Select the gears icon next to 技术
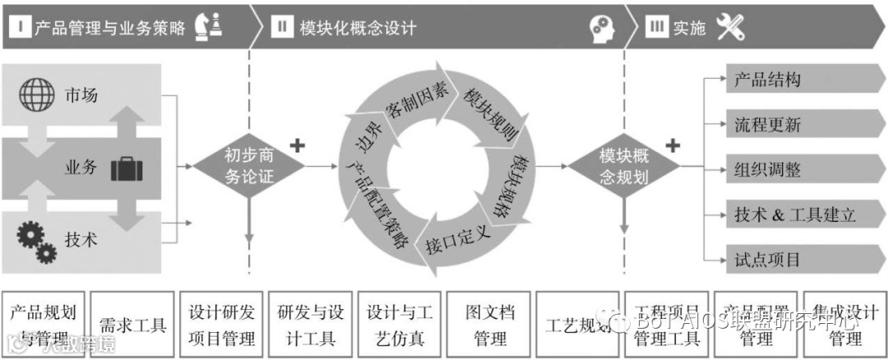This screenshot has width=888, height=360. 36,238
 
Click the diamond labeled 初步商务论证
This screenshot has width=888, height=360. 248,165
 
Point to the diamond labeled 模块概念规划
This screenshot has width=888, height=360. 624,165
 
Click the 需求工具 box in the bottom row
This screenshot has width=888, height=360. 132,325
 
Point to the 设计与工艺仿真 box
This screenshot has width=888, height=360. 400,325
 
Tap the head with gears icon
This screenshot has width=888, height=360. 602,28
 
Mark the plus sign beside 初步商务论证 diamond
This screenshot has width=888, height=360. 298,146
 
